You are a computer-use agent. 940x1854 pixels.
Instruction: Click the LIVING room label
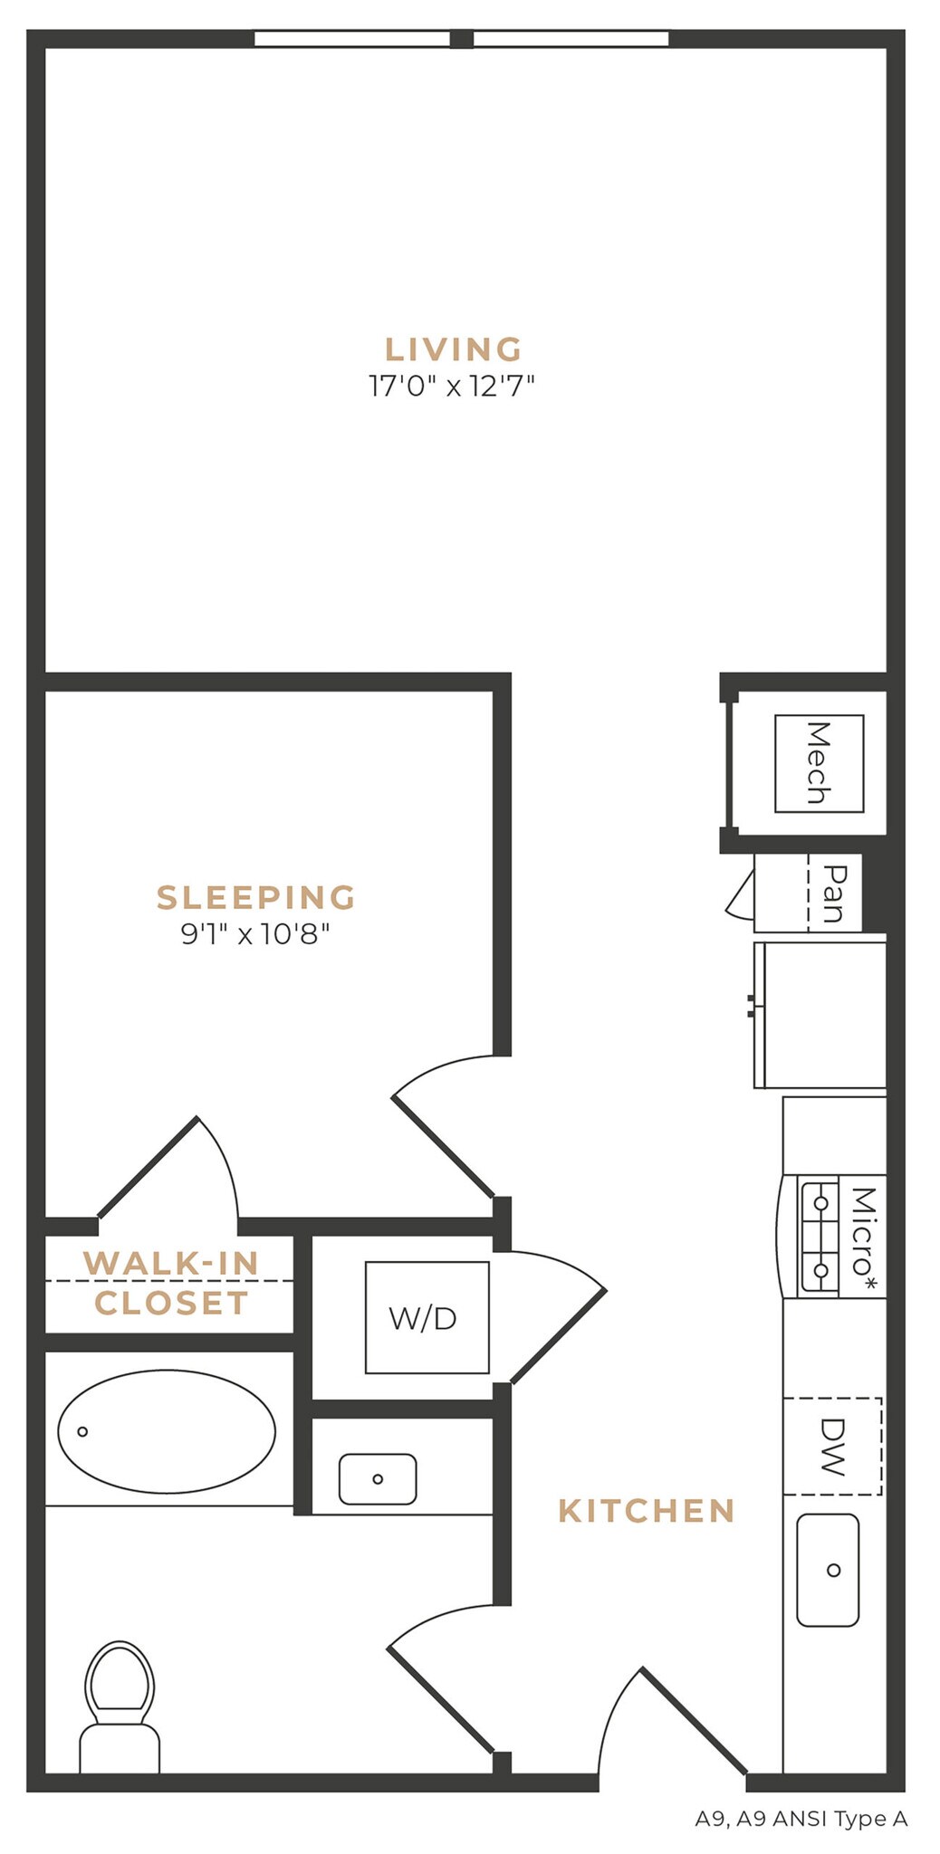[x=454, y=349]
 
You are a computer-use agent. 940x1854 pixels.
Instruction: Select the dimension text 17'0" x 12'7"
[x=452, y=387]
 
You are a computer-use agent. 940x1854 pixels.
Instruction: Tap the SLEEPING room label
[x=256, y=897]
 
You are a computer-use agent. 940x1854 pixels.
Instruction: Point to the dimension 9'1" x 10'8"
[x=255, y=933]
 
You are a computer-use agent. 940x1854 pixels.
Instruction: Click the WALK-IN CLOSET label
[x=171, y=1282]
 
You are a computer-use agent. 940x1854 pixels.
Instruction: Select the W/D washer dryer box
[x=427, y=1317]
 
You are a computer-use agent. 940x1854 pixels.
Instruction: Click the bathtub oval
[x=167, y=1431]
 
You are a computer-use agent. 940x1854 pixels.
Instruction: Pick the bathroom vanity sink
[x=378, y=1478]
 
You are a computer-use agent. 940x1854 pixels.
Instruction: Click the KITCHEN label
[x=647, y=1510]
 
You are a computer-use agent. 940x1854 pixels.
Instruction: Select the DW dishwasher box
[x=831, y=1446]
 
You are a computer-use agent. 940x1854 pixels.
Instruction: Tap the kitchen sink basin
[x=828, y=1570]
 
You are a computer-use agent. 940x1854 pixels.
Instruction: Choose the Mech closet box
[x=819, y=763]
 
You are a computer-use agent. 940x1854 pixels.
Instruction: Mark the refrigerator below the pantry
[x=820, y=1014]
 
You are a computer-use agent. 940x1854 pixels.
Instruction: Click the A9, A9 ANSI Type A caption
[x=801, y=1818]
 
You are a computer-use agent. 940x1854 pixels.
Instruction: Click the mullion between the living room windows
[x=462, y=39]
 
